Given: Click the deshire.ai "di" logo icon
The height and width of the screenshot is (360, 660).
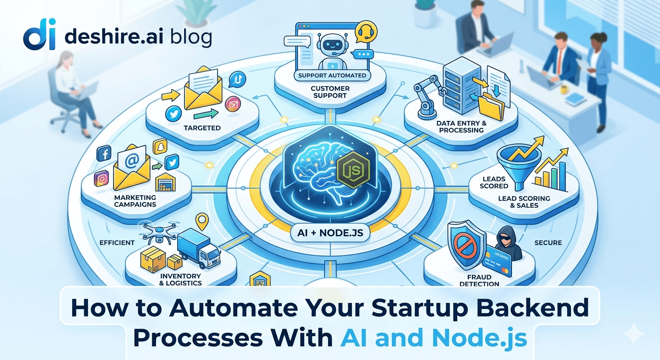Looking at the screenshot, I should tap(39, 35).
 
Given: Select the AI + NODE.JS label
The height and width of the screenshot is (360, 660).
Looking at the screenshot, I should tap(330, 232).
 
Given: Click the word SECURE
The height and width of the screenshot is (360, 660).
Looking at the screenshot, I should tap(548, 243).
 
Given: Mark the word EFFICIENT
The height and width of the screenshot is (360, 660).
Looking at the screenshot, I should tap(117, 243).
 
